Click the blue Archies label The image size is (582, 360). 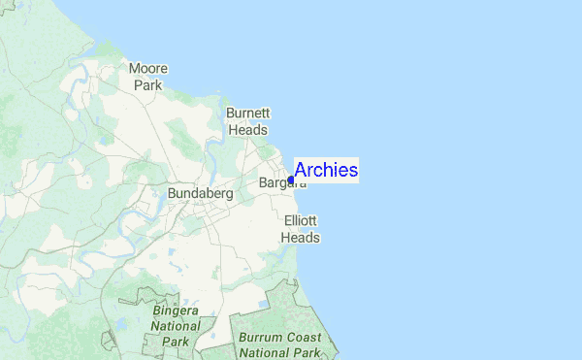coord(326,170)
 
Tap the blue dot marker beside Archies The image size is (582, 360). coord(291,180)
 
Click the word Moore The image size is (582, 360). coord(148,69)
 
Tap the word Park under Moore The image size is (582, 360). coord(148,84)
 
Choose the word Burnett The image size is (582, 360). coord(246,112)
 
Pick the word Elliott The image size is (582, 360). coord(301,221)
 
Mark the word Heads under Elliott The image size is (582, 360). coord(301,237)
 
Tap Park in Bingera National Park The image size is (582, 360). coord(177,342)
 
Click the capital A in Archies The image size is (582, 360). coord(301,170)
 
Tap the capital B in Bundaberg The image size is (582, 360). coord(172,194)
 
